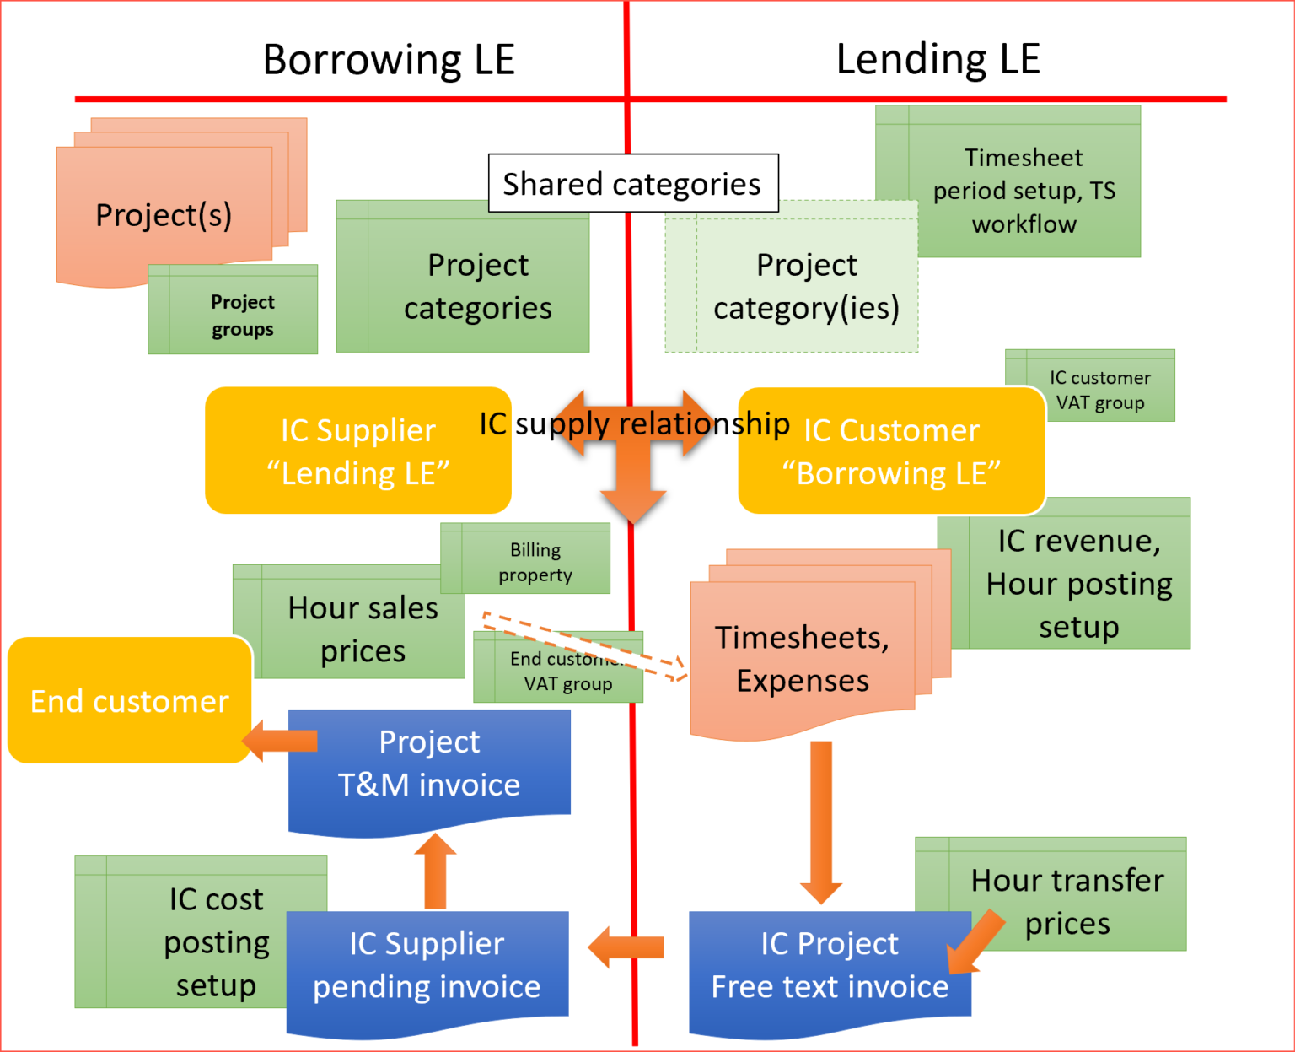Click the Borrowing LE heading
(389, 60)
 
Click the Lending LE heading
(938, 60)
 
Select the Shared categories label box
(632, 183)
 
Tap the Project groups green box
(242, 314)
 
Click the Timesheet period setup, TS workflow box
(1024, 190)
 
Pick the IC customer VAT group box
(1099, 389)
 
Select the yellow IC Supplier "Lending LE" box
(357, 451)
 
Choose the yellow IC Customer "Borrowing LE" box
(891, 451)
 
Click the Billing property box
(535, 561)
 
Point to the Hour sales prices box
(363, 629)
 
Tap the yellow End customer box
(129, 701)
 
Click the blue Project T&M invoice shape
(429, 764)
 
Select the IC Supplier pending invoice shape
(427, 966)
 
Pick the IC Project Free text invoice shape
(829, 966)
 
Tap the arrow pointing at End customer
(280, 741)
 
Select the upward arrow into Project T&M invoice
(435, 871)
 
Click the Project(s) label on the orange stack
(164, 215)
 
